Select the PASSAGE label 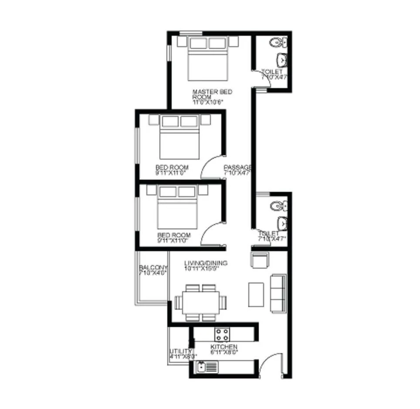click(237, 167)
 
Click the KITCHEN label click(224, 347)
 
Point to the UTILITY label click(180, 351)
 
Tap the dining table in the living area click(201, 302)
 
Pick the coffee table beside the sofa click(256, 294)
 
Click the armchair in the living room click(261, 260)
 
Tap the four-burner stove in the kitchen click(222, 334)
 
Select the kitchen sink click(202, 367)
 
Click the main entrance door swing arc click(270, 364)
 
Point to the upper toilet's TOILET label click(272, 72)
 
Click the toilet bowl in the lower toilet click(278, 206)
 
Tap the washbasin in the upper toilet click(282, 59)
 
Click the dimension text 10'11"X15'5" click(201, 269)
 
